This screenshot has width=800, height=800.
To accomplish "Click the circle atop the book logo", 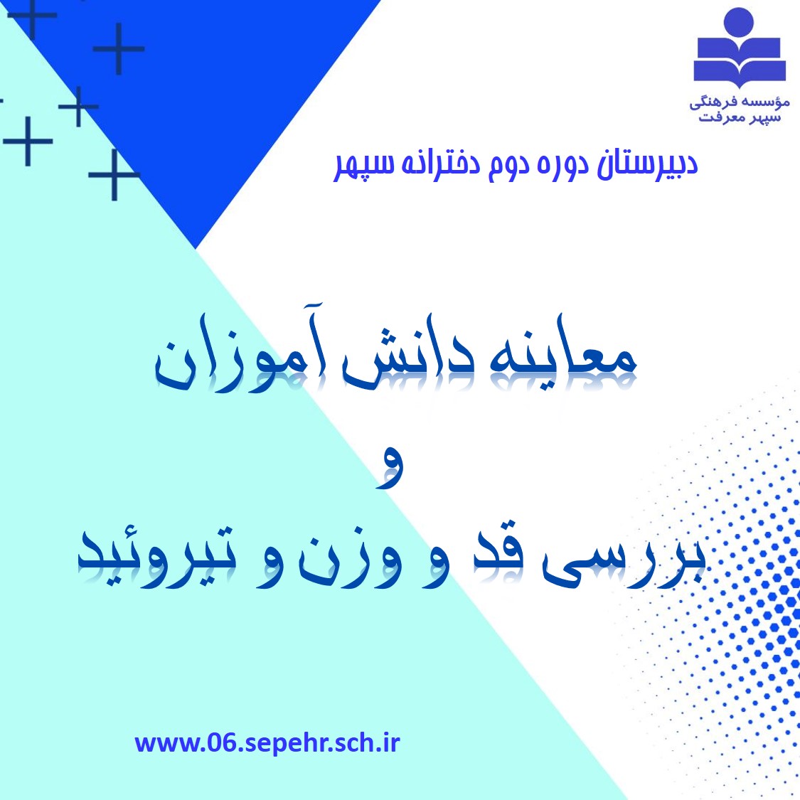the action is coord(739,21).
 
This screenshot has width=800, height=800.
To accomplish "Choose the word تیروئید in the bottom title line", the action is coord(157,555).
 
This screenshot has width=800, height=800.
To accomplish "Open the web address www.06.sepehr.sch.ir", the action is coord(267,743).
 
